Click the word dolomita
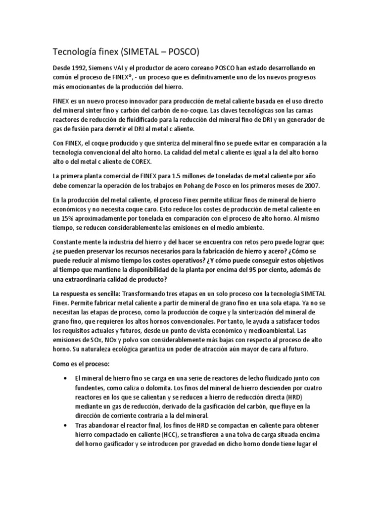pyautogui.click(x=152, y=388)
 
